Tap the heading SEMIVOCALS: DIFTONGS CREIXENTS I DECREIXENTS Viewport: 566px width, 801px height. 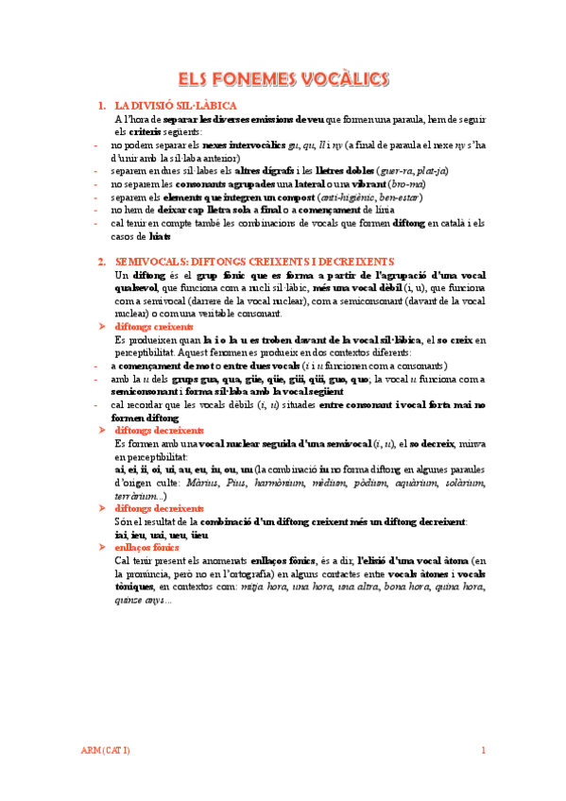tap(249, 261)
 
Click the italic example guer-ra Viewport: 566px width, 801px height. tap(395, 171)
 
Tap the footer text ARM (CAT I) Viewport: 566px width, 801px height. tap(106, 751)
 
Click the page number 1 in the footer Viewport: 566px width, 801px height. tap(482, 751)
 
